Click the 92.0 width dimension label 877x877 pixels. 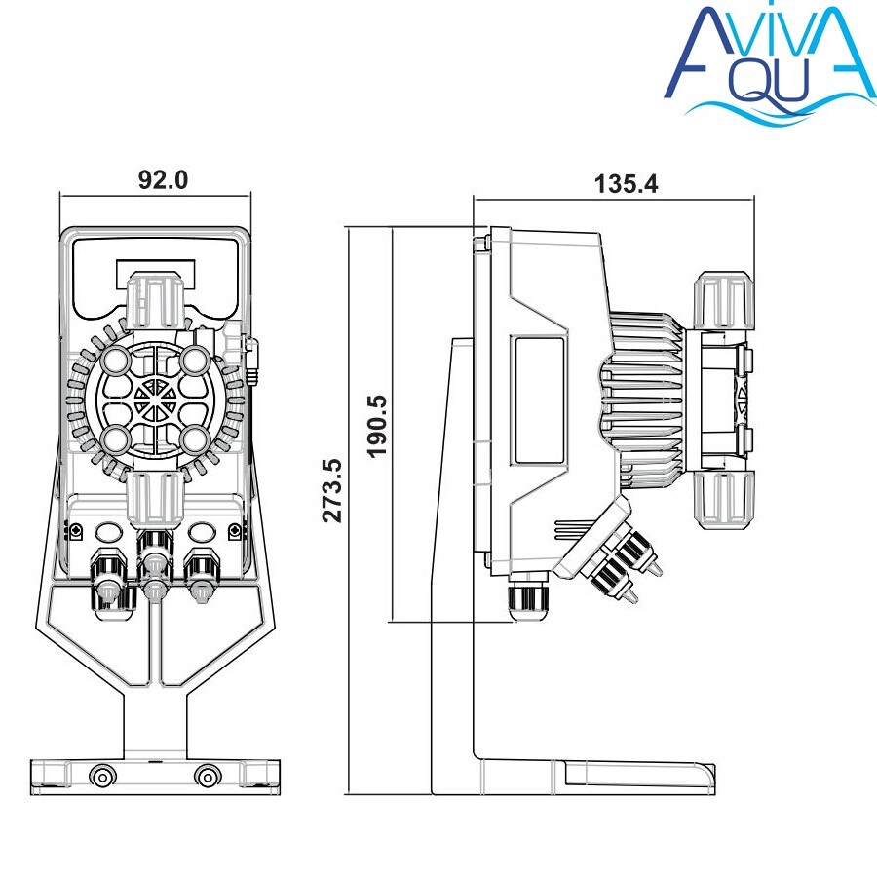coord(164,180)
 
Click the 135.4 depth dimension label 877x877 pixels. coord(626,184)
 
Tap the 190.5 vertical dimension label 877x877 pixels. coord(377,427)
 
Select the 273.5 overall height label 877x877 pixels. coord(332,490)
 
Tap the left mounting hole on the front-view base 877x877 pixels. coord(103,777)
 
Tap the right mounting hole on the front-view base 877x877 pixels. coord(208,777)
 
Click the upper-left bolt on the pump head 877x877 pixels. coord(116,359)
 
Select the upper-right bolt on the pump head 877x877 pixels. coord(194,359)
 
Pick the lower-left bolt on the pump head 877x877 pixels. coord(116,438)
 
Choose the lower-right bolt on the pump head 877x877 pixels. coord(194,438)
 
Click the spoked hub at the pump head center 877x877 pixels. coord(155,399)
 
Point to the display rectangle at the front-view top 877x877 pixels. coord(156,274)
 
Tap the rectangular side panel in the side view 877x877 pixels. coord(539,400)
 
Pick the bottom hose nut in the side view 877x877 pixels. coord(723,500)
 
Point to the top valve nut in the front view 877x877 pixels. coord(155,300)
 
